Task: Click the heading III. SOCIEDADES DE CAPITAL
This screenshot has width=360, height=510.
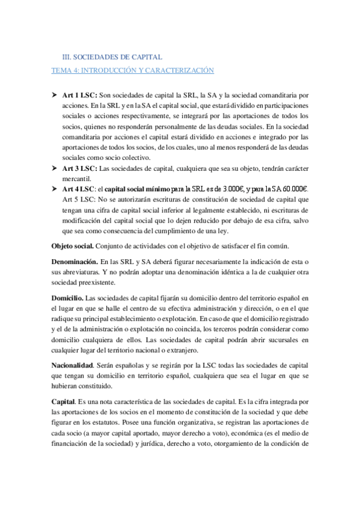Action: click(112, 57)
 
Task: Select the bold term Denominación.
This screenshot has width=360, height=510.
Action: click(75, 262)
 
